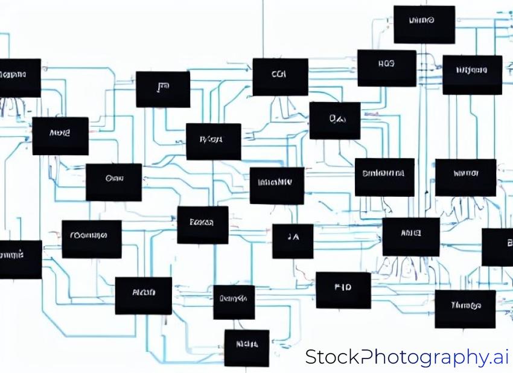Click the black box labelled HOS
(386, 68)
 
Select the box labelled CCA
(279, 77)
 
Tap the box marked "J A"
(293, 241)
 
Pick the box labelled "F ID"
(343, 290)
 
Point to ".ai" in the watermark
(499, 357)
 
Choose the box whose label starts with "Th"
(465, 308)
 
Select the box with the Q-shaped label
(335, 120)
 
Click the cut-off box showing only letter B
(499, 247)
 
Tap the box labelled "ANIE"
(410, 237)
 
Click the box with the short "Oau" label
(113, 182)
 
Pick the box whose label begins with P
(213, 141)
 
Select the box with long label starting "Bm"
(384, 177)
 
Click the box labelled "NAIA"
(246, 348)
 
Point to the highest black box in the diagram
(424, 24)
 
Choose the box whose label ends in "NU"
(276, 185)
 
